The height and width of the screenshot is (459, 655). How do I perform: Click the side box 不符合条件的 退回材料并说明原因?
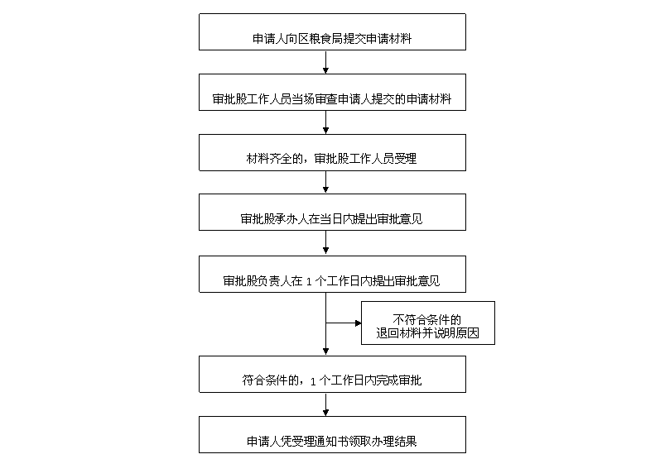[427, 323]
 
